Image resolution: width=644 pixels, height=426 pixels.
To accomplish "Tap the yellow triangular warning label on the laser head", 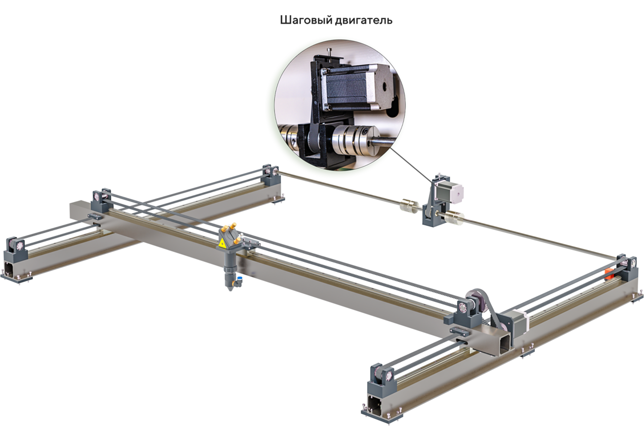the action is coord(222,244).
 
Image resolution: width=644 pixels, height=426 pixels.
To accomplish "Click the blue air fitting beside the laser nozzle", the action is coord(239,278).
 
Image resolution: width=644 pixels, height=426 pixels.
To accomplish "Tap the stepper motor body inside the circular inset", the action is coord(349,88).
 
